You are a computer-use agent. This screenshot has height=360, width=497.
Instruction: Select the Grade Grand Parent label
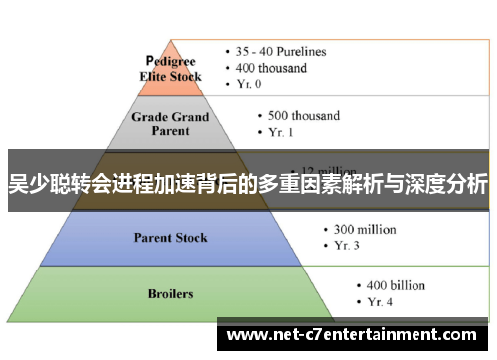[172, 124]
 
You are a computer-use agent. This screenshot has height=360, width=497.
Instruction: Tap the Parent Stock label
[171, 238]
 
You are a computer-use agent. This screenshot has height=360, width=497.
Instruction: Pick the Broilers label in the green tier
[170, 294]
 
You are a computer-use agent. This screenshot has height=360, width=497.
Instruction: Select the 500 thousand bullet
[299, 114]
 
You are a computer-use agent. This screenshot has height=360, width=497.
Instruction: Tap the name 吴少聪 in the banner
[37, 184]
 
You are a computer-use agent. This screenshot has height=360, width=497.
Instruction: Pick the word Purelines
[302, 51]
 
